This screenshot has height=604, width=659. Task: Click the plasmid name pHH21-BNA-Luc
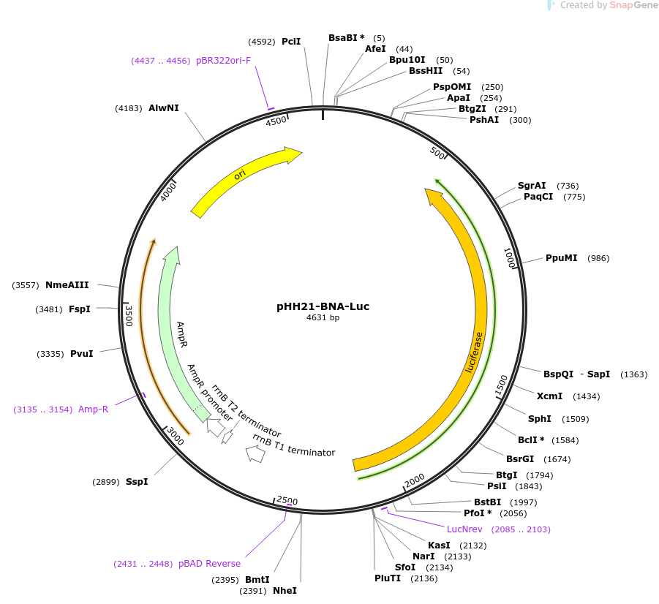323,306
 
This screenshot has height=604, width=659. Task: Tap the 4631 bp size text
323,317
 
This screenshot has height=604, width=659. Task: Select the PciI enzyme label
291,41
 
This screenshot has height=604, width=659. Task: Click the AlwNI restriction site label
164,108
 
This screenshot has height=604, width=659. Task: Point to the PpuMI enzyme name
562,257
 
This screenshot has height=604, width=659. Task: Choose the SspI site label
137,481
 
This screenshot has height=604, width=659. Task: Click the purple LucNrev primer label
464,529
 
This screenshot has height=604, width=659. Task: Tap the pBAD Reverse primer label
209,564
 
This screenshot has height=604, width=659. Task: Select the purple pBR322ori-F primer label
223,61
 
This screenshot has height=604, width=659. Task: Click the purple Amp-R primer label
94,409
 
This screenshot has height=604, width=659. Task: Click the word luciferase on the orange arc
474,352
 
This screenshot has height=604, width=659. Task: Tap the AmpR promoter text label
209,393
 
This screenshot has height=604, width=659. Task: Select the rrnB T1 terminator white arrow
255,454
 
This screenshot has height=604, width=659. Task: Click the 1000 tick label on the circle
509,257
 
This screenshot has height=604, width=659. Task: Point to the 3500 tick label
129,316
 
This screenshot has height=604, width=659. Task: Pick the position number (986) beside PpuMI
598,258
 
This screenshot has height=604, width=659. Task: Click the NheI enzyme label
285,591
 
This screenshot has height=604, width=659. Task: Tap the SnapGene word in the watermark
634,5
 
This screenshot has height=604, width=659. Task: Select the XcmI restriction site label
549,396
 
